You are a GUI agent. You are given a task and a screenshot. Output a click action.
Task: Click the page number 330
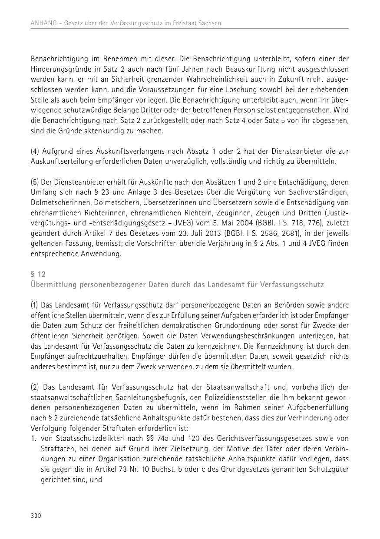click(36, 516)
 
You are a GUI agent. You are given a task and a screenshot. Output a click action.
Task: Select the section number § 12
click(38, 274)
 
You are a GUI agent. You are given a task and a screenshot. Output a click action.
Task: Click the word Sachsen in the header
click(209, 23)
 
